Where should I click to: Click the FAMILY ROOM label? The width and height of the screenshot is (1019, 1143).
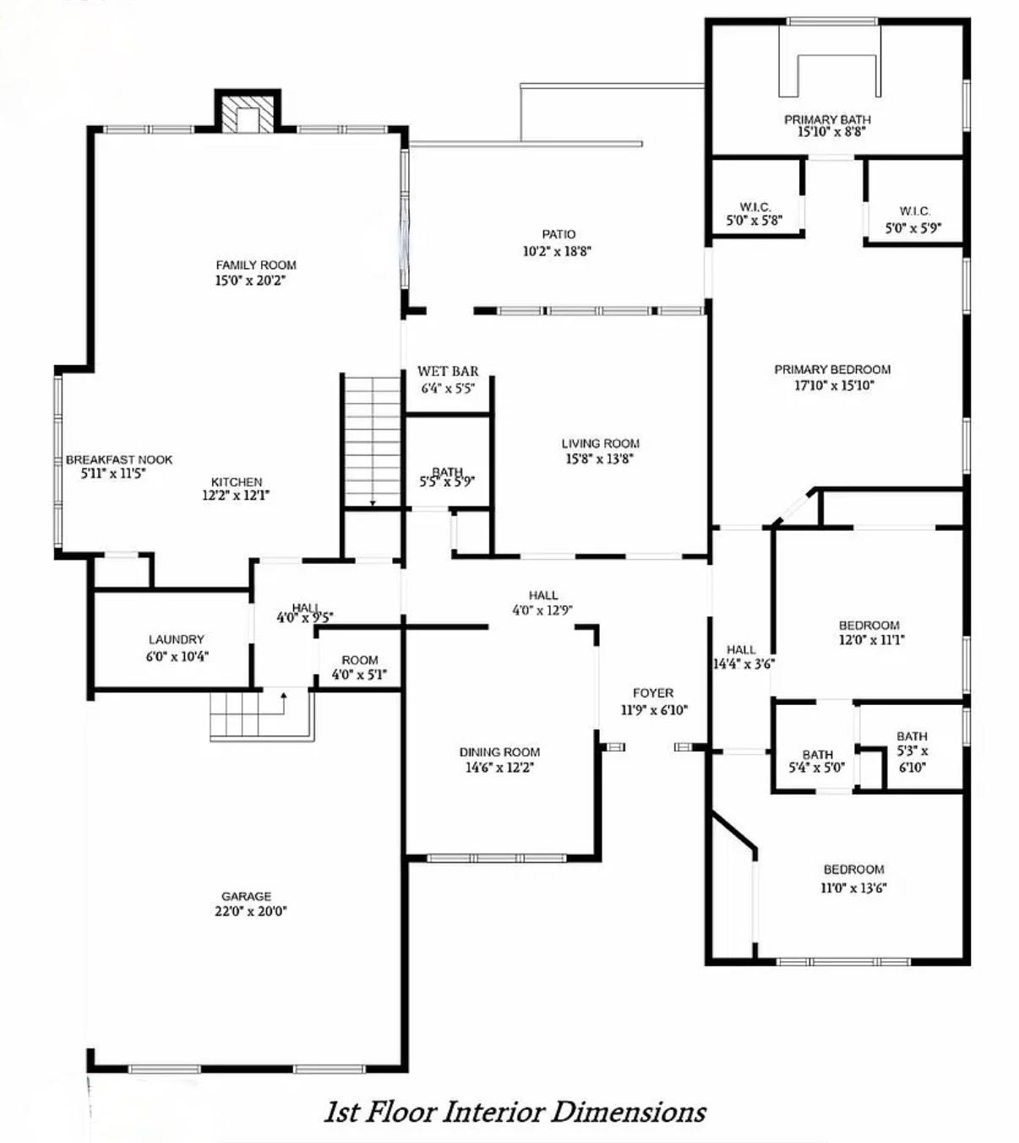[256, 265]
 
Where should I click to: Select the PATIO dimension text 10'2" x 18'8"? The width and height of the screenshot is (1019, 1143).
[557, 251]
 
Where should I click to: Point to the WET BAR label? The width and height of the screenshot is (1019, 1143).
[448, 371]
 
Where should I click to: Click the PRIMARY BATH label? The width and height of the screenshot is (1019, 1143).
[827, 119]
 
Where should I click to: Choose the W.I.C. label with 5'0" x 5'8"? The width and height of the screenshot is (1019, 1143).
[755, 207]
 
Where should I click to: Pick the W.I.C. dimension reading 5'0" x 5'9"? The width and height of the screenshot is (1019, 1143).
[913, 228]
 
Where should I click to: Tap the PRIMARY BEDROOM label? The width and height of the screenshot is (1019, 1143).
[832, 369]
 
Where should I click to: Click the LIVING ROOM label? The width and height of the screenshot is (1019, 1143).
[601, 444]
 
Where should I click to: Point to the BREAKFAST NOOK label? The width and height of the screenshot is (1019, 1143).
[119, 460]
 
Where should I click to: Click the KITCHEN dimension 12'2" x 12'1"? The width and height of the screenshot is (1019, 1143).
[237, 495]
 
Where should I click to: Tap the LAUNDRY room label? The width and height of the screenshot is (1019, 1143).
[177, 639]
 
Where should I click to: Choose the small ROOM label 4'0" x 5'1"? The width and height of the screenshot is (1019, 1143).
[360, 660]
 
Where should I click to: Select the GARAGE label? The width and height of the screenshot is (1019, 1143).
[247, 896]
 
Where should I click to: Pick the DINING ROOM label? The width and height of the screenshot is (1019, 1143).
[499, 752]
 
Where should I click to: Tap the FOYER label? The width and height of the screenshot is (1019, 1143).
[653, 693]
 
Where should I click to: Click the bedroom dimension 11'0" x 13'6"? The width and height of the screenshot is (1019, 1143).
[853, 888]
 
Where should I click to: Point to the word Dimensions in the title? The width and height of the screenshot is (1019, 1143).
[628, 1112]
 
